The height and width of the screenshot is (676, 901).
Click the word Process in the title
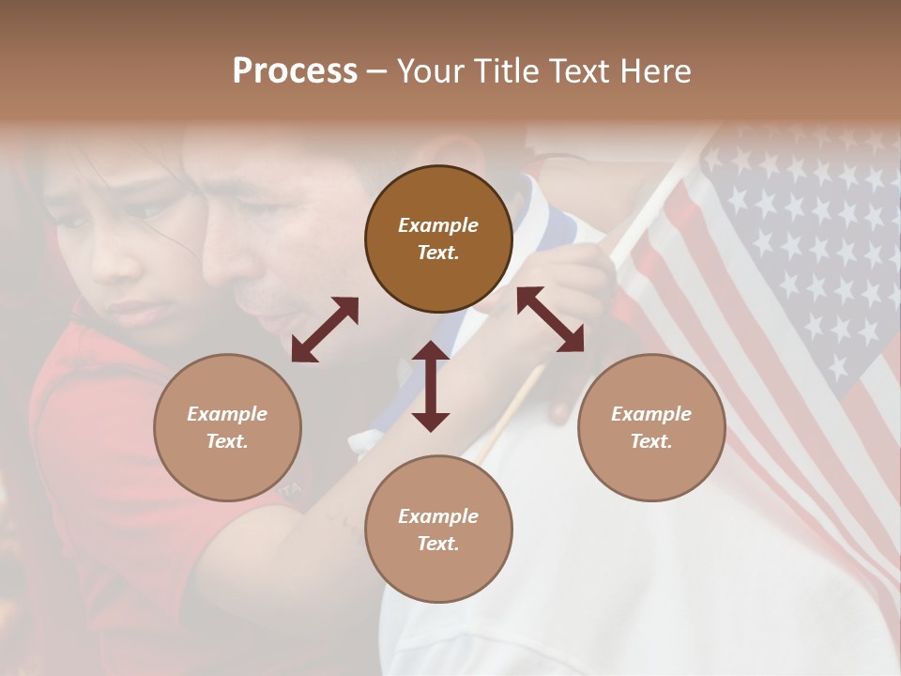295,71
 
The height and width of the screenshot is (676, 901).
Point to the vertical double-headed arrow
431,387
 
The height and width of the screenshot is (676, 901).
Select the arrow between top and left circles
325,330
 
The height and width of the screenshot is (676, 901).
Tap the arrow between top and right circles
550,319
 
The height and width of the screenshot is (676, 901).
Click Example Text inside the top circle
438,238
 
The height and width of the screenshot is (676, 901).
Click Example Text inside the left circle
227,427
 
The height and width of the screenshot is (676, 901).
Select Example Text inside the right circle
651,427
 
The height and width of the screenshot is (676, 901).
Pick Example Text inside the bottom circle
438,530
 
